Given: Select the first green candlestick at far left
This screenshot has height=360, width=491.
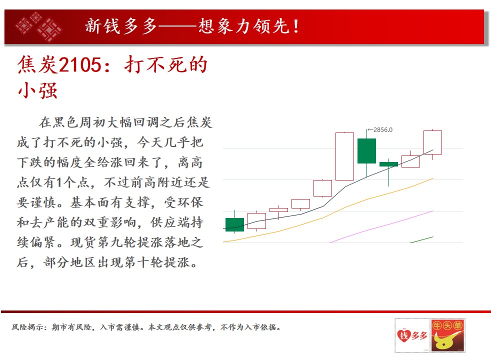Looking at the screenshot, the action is pos(235,224).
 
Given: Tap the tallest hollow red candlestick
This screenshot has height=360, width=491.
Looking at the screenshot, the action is pos(345,156).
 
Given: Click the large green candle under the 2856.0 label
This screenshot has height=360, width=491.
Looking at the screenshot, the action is pos(366,151).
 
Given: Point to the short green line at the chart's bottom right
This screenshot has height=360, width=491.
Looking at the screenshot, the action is pos(421,239).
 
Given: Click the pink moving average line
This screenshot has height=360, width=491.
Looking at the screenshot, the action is pos(381,226).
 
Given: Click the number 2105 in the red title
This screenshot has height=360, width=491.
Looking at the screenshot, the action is pos(80,65).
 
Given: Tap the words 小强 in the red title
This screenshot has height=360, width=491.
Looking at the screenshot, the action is pos(37,91).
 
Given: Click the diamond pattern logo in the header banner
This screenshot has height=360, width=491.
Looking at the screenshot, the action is pos(39,26).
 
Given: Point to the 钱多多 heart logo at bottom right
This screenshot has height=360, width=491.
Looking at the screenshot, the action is pos(412,335).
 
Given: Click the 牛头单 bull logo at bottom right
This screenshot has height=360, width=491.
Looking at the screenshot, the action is pos(447,335).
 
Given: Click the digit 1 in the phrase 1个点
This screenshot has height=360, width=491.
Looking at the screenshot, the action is pos(59,182).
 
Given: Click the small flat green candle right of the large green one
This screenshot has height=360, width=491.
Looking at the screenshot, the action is pos(388,164).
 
